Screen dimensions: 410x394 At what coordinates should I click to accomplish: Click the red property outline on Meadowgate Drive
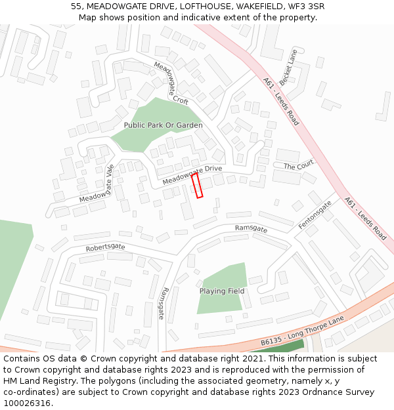coord(197,185)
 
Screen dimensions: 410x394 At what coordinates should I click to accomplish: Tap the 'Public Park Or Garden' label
coord(163,125)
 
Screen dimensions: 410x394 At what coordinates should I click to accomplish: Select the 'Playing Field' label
coord(222,291)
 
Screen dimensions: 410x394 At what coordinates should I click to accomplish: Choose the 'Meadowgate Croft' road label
coord(171,83)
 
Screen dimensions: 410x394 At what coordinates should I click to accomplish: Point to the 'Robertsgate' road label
coord(105,247)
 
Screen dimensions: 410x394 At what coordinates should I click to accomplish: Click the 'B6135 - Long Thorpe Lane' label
coord(302,332)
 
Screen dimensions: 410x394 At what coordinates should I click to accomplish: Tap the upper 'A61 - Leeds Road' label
coord(281,102)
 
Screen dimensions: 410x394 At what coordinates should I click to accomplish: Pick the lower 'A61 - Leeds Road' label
coord(365,218)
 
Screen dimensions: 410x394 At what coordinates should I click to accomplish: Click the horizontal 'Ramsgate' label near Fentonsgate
coord(251,229)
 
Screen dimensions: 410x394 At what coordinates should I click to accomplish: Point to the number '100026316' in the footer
coord(28,403)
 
